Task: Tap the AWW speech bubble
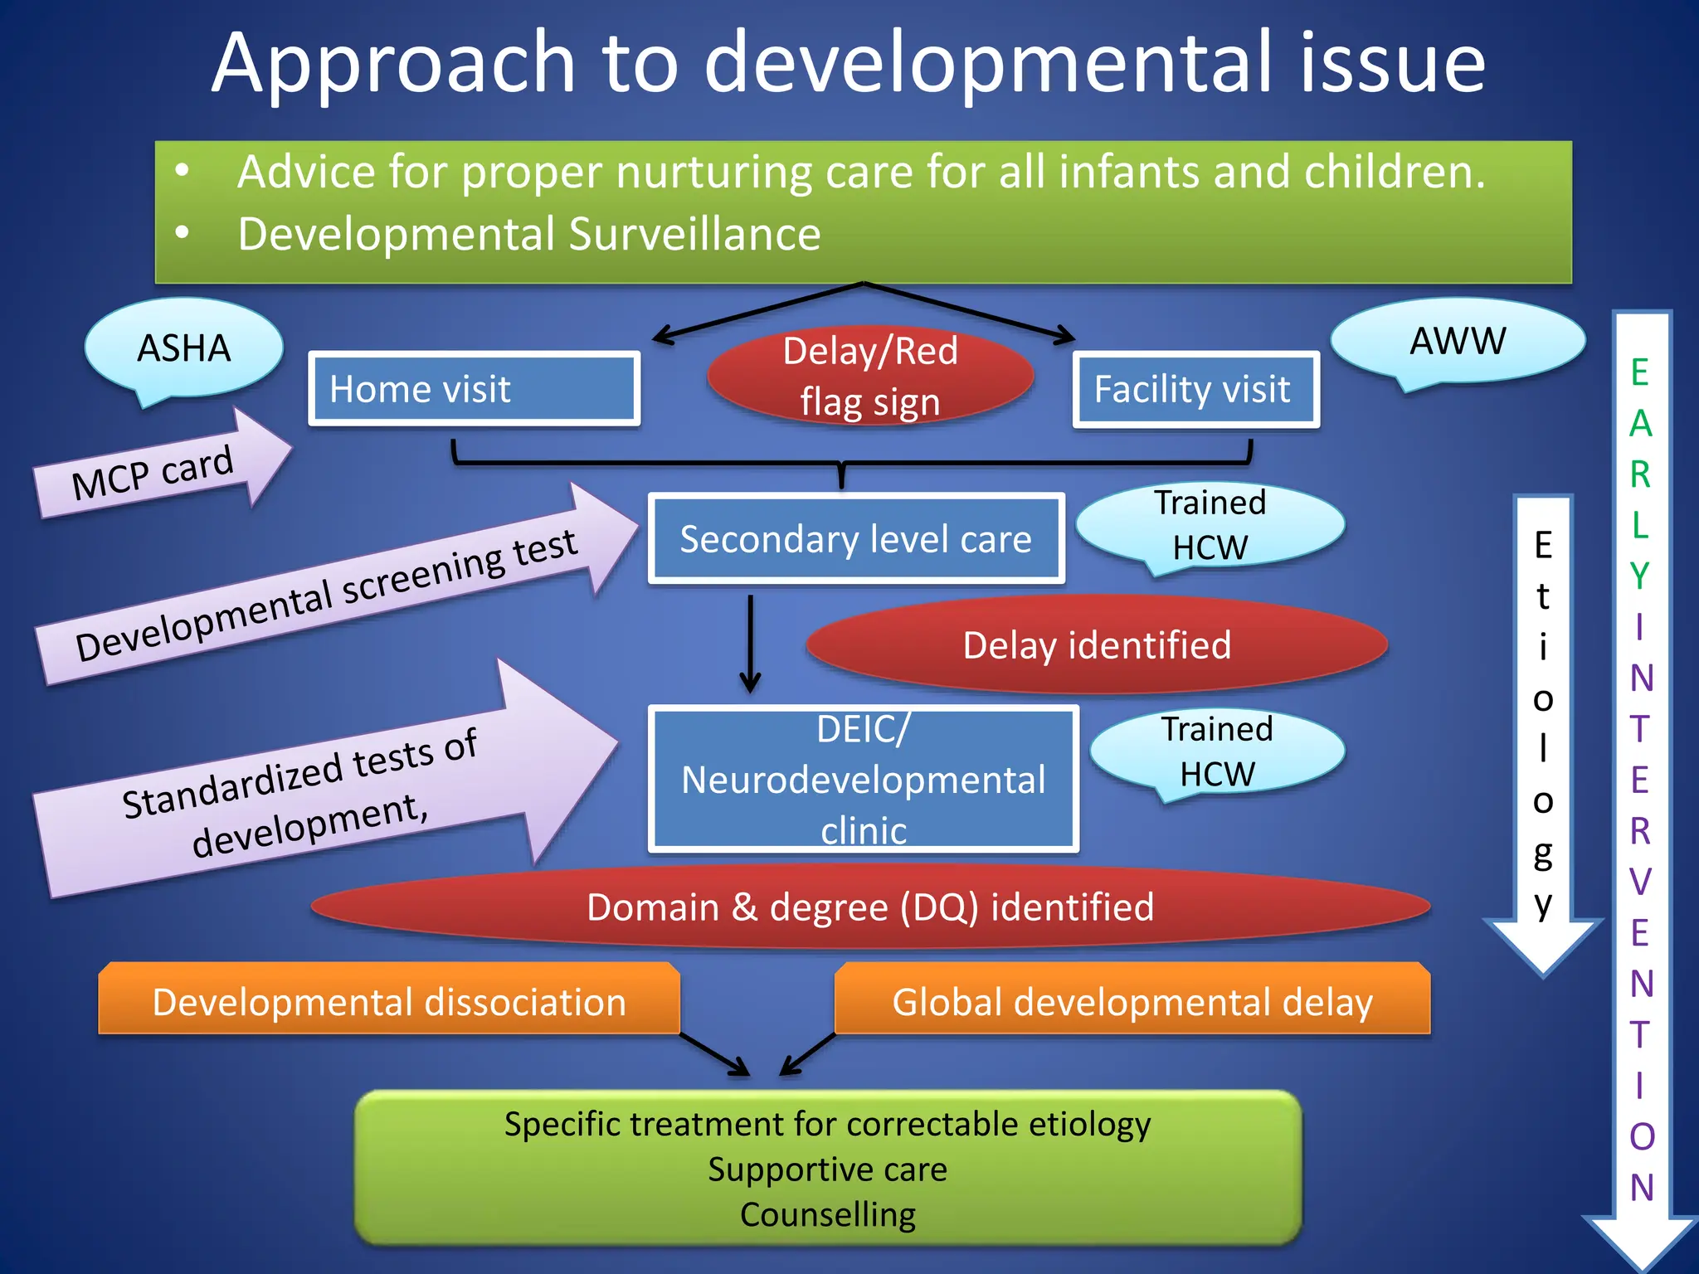[1458, 340]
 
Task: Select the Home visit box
[474, 388]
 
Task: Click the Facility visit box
[1195, 389]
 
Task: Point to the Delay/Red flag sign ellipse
[870, 376]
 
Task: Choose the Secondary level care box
[855, 539]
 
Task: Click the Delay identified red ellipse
[1096, 645]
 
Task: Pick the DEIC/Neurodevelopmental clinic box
[863, 780]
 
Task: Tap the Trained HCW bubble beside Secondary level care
[1210, 524]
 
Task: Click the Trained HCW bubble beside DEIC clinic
[1216, 751]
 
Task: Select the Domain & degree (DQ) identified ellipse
[869, 907]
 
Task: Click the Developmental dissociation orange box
[388, 1001]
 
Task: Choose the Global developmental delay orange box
[1132, 1001]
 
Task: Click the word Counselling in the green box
[827, 1214]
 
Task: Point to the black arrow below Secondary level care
[750, 643]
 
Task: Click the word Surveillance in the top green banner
[694, 234]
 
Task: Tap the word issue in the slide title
[1391, 63]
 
